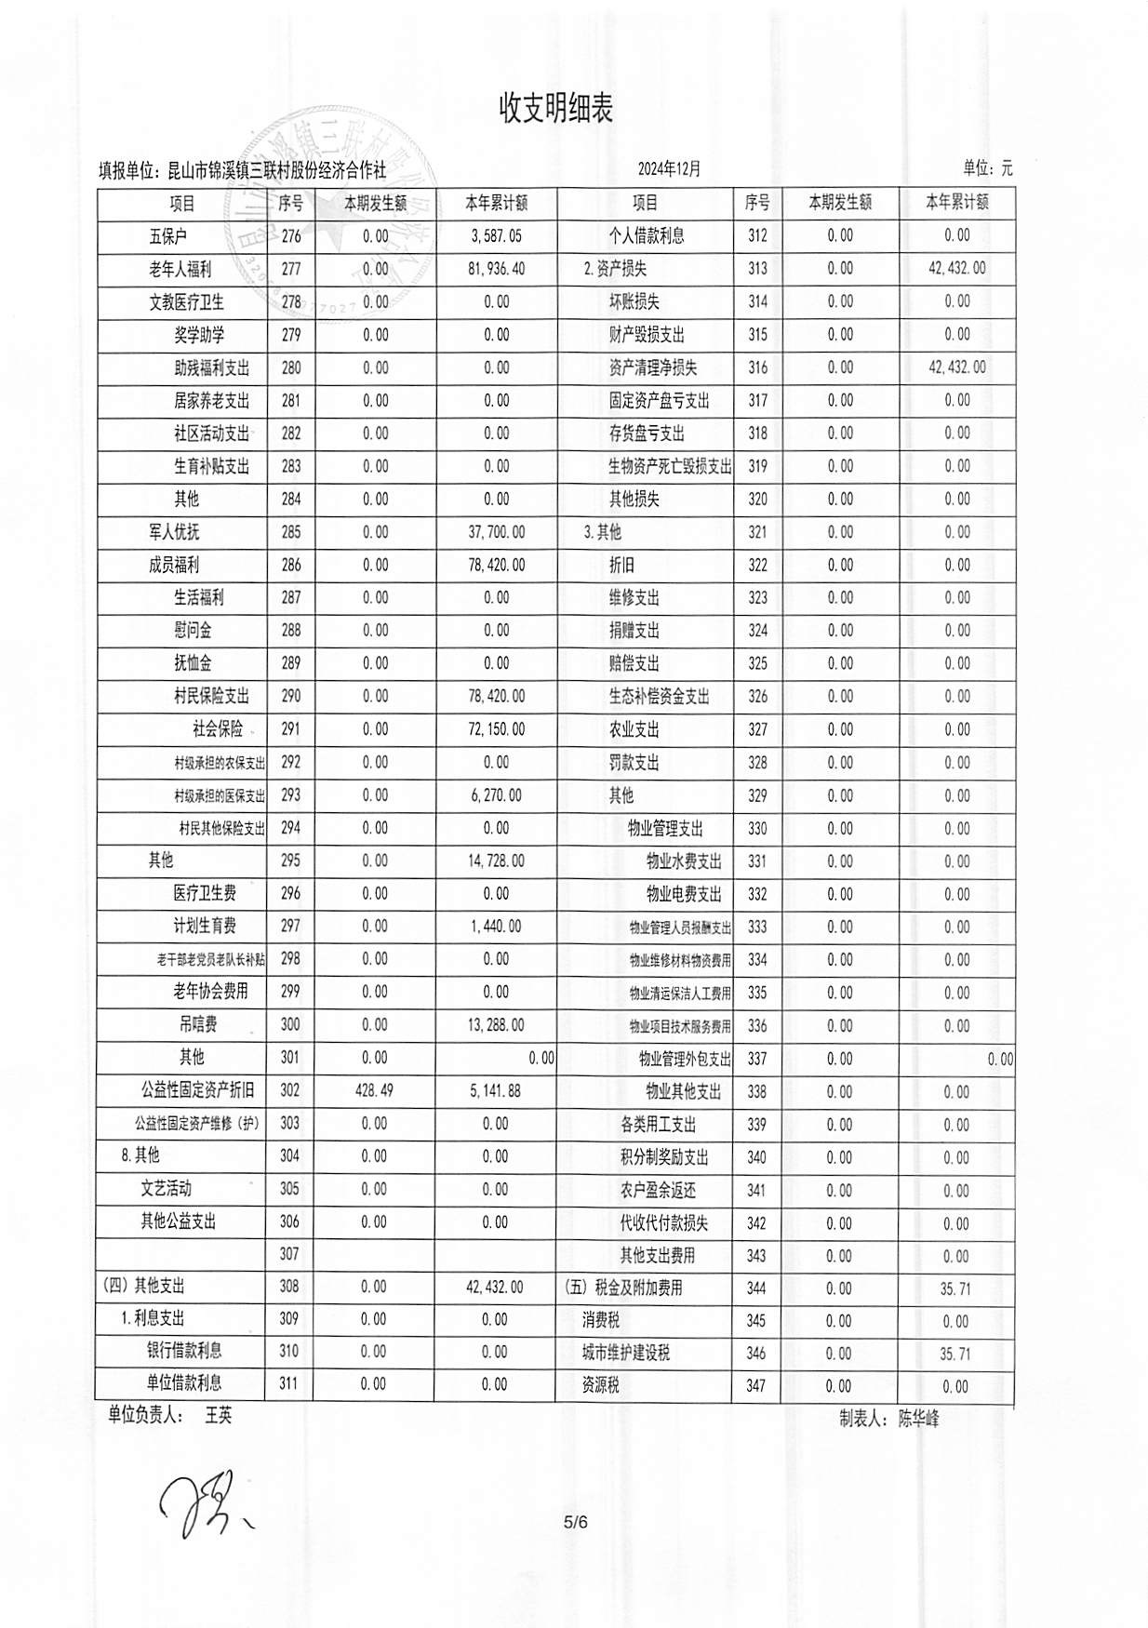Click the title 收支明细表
(x=555, y=110)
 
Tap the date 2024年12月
(x=669, y=169)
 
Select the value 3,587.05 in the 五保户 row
(x=496, y=236)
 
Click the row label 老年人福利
(x=180, y=270)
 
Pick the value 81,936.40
(x=496, y=269)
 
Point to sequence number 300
(x=290, y=1024)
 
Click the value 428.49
(x=374, y=1090)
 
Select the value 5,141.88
(x=496, y=1090)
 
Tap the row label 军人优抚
(x=173, y=532)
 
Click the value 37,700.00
(x=496, y=532)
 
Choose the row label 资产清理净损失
(x=653, y=368)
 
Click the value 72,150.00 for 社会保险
(x=496, y=729)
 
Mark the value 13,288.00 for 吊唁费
(x=496, y=1024)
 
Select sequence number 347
(x=755, y=1386)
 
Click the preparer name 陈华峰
(x=918, y=1419)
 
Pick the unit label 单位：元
(x=987, y=168)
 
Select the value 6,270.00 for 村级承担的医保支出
(x=496, y=795)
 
